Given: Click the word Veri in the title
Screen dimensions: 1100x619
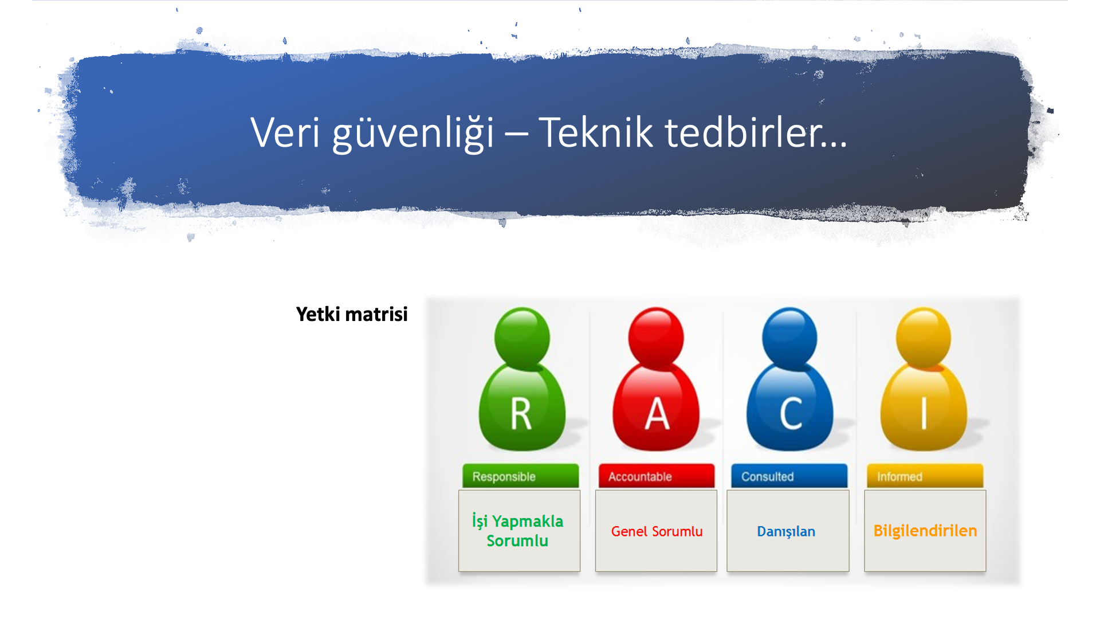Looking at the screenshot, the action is pyautogui.click(x=285, y=132).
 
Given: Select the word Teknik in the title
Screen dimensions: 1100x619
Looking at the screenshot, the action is pyautogui.click(x=596, y=132).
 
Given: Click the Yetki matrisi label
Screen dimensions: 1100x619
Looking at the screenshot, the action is pyautogui.click(x=352, y=314).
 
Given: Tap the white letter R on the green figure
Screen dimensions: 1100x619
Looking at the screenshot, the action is pyautogui.click(x=521, y=414).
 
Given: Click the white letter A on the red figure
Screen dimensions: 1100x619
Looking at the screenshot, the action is pyautogui.click(x=657, y=414).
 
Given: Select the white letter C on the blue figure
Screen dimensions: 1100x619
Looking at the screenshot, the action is pyautogui.click(x=791, y=414).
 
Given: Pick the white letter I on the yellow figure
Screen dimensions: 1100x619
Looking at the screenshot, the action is pyautogui.click(x=924, y=414).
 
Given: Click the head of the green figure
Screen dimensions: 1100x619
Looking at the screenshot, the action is pyautogui.click(x=522, y=338).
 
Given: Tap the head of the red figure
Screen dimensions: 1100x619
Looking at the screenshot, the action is pyautogui.click(x=656, y=338).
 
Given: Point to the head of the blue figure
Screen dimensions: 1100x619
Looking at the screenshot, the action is pyautogui.click(x=789, y=338).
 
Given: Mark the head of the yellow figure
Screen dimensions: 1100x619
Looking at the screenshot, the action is pyautogui.click(x=924, y=338).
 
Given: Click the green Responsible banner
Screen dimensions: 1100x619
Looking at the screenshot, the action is pyautogui.click(x=520, y=476).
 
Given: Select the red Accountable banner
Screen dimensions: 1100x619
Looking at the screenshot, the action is pyautogui.click(x=657, y=476).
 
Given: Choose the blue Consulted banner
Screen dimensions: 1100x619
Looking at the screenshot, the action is pyautogui.click(x=789, y=476).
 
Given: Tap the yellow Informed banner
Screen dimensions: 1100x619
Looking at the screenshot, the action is pyautogui.click(x=925, y=476).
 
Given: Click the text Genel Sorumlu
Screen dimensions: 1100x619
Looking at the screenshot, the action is pyautogui.click(x=657, y=531).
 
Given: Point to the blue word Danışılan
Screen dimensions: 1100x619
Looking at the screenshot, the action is pyautogui.click(x=786, y=532).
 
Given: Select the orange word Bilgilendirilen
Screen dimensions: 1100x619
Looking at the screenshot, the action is pyautogui.click(x=925, y=531).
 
